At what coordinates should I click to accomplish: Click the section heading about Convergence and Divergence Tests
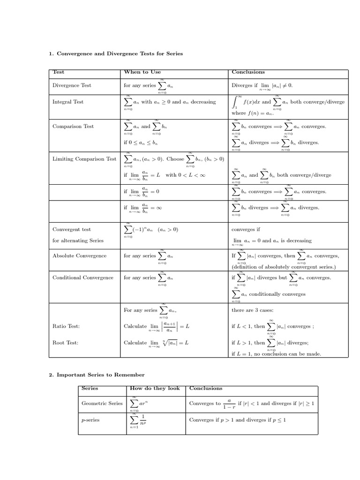pyautogui.click(x=116, y=54)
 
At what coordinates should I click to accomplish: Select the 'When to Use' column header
pyautogui.click(x=142, y=72)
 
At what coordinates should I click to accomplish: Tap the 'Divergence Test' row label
pyautogui.click(x=72, y=85)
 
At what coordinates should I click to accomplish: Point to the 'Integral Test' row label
pyautogui.click(x=68, y=102)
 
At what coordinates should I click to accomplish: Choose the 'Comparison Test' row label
pyautogui.click(x=73, y=126)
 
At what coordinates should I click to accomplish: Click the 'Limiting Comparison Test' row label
pyautogui.click(x=84, y=159)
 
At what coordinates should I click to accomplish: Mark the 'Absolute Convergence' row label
pyautogui.click(x=79, y=255)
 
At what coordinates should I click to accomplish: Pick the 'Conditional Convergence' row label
pyautogui.click(x=83, y=277)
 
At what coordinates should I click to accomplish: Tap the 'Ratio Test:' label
pyautogui.click(x=66, y=326)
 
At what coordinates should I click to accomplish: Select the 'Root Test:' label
pyautogui.click(x=66, y=343)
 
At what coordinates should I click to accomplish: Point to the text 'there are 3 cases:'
pyautogui.click(x=253, y=310)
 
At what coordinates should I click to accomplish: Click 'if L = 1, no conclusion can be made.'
pyautogui.click(x=277, y=354)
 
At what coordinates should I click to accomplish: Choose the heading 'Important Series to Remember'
pyautogui.click(x=97, y=375)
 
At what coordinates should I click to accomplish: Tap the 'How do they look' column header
pyautogui.click(x=154, y=388)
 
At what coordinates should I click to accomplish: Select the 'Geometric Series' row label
pyautogui.click(x=102, y=403)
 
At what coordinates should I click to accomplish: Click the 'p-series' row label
pyautogui.click(x=90, y=420)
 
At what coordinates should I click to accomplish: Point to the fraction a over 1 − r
pyautogui.click(x=229, y=404)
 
